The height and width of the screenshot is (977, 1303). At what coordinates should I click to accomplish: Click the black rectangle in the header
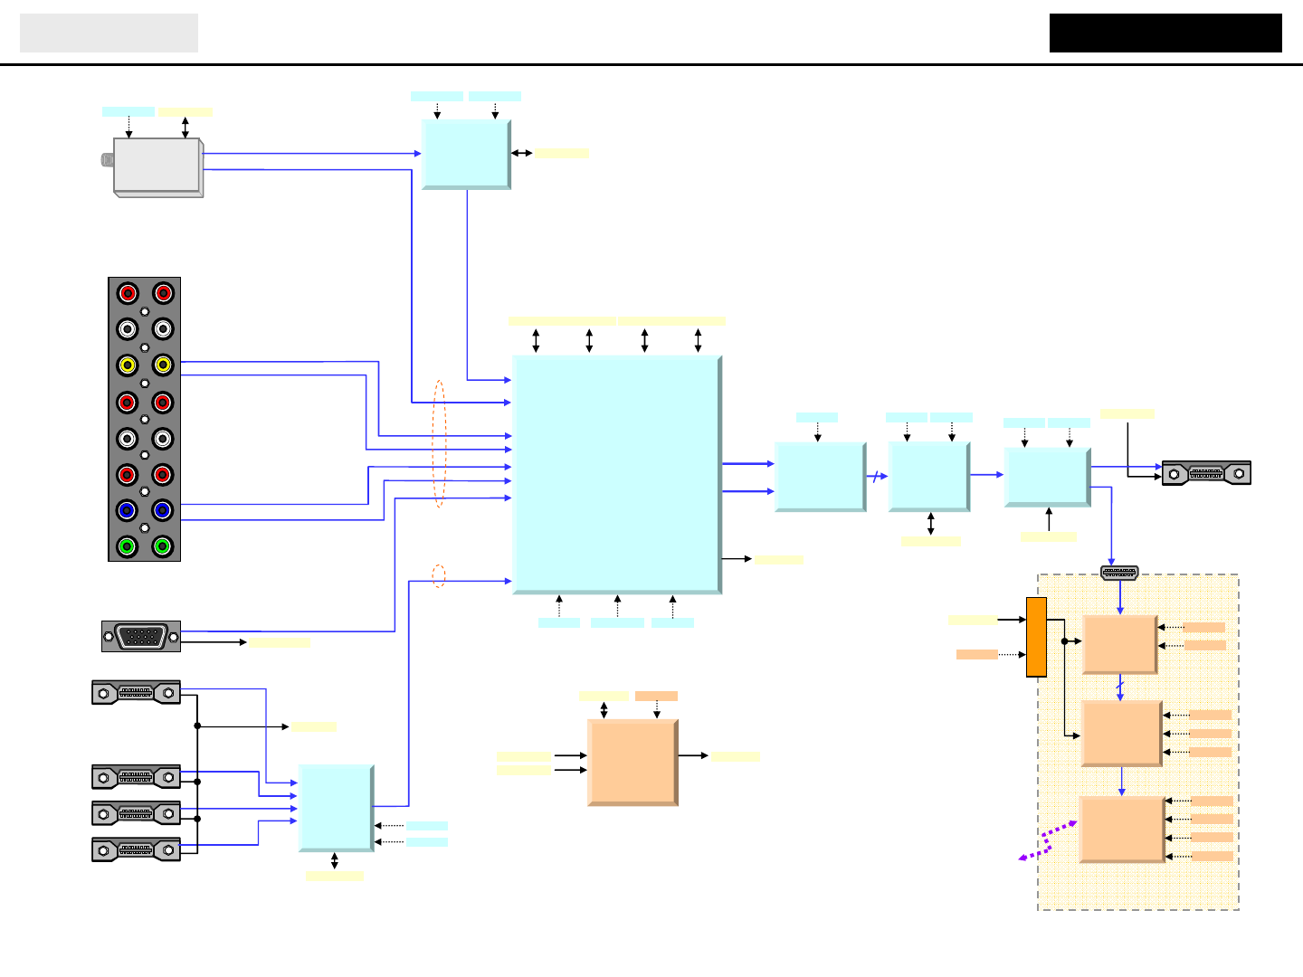pyautogui.click(x=1165, y=33)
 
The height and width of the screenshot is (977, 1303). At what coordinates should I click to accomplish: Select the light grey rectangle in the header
pyautogui.click(x=109, y=33)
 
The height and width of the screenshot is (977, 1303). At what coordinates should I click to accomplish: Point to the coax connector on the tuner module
pyautogui.click(x=107, y=160)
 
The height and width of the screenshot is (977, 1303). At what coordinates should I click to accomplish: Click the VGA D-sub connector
pyautogui.click(x=141, y=636)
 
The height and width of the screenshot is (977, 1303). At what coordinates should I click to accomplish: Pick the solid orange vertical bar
pyautogui.click(x=1036, y=637)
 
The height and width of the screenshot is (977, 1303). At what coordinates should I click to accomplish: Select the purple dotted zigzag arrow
pyautogui.click(x=1047, y=841)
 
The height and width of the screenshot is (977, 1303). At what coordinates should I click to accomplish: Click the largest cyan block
pyautogui.click(x=616, y=474)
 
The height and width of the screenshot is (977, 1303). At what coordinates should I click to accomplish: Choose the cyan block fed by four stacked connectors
pyautogui.click(x=336, y=808)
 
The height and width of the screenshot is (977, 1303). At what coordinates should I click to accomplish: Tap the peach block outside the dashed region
pyautogui.click(x=632, y=762)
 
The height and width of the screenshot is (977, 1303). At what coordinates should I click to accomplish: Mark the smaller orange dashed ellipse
pyautogui.click(x=438, y=576)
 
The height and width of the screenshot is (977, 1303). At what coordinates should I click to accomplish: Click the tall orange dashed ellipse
pyautogui.click(x=439, y=443)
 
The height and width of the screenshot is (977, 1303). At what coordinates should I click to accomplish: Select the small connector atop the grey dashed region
pyautogui.click(x=1119, y=573)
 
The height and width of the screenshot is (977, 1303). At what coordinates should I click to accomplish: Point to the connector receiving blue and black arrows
pyautogui.click(x=1206, y=473)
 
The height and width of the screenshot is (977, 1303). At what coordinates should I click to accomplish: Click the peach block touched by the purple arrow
pyautogui.click(x=1121, y=829)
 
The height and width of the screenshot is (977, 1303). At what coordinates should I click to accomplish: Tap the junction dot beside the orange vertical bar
pyautogui.click(x=1065, y=641)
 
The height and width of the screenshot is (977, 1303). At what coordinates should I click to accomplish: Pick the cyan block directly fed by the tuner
pyautogui.click(x=466, y=154)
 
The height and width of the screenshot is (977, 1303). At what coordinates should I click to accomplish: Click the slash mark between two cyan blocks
pyautogui.click(x=875, y=476)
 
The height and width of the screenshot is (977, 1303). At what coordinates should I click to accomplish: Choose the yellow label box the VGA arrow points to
pyautogui.click(x=280, y=642)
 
